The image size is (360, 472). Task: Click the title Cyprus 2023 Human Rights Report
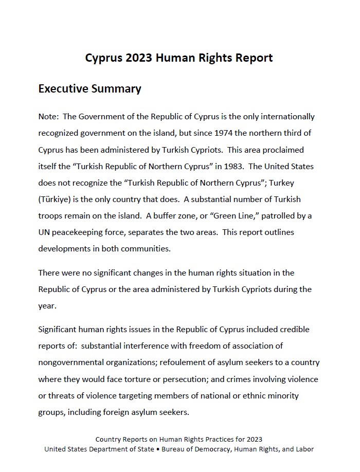(179, 58)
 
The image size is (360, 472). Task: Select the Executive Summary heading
(90, 88)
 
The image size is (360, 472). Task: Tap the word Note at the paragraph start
(48, 117)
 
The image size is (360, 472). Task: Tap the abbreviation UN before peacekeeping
(45, 232)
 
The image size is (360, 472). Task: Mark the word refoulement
(186, 362)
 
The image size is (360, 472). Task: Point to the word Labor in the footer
(303, 449)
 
